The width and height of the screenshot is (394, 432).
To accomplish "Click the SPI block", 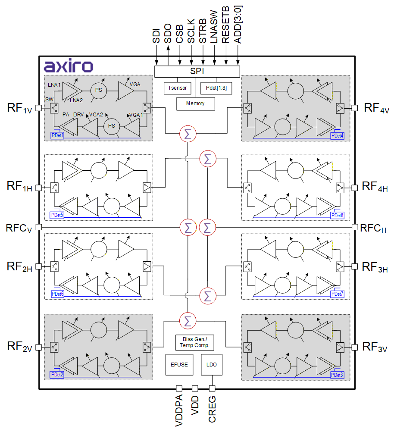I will point(197,71).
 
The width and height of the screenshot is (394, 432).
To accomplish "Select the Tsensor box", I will point(177,88).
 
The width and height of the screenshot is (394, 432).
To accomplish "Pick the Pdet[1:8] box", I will point(216,88).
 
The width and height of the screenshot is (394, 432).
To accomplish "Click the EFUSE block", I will point(179,364).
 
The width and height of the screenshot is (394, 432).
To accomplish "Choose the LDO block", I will point(212,364).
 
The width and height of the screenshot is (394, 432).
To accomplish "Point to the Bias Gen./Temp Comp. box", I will point(195,342).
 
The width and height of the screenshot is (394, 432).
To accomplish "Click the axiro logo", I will point(69,66).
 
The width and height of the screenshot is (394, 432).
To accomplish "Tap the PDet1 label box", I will point(57,135).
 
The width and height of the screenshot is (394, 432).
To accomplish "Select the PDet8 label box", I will point(337,215).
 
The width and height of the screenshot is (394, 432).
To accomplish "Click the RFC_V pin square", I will point(38,227).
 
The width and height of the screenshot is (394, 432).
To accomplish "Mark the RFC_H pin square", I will point(355,227).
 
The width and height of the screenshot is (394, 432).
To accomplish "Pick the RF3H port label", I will point(375,267).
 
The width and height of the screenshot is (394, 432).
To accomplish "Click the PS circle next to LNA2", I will point(99,90).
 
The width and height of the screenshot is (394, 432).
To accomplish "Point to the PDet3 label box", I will point(337,375).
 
